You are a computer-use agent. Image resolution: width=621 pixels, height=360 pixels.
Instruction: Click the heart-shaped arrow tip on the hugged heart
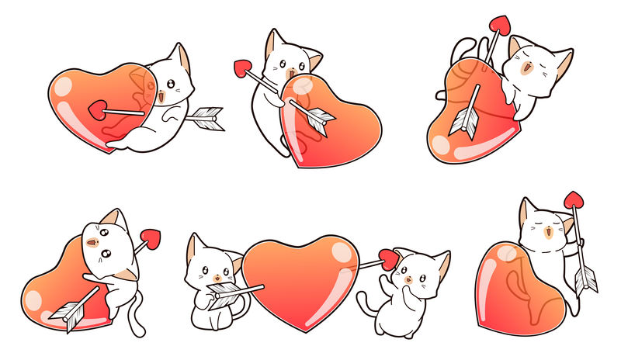click(x=99, y=109)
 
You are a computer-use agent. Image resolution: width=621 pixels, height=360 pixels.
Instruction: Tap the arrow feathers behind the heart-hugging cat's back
click(x=206, y=117)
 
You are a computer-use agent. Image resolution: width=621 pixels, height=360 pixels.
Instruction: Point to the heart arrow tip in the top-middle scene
click(x=241, y=68)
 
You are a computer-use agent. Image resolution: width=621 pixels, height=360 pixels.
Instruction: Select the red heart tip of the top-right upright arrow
click(x=498, y=25)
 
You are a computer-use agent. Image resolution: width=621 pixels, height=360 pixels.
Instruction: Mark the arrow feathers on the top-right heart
click(x=467, y=120)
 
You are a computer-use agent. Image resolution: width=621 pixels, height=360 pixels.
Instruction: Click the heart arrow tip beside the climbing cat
click(x=151, y=239)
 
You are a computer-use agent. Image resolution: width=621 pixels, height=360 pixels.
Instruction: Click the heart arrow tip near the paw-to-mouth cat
click(x=388, y=259)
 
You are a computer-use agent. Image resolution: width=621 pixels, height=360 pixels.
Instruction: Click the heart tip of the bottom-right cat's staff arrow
click(x=573, y=200)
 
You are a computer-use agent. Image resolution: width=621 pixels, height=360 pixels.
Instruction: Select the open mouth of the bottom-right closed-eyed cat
click(x=550, y=230)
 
